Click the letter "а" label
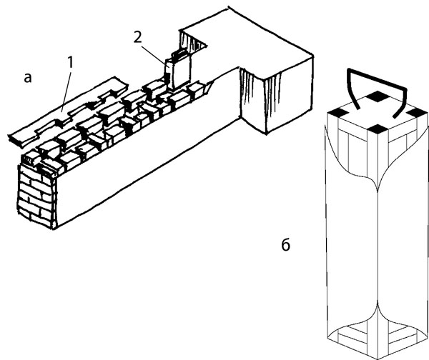pos(28,79)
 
